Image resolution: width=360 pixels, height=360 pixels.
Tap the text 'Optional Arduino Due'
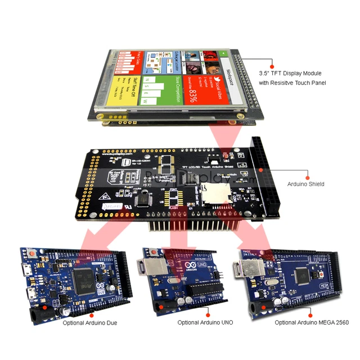pos(90,323)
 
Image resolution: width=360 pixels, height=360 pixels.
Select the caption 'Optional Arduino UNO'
pos(205,323)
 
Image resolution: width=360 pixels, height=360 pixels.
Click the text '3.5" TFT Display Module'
pos(290,74)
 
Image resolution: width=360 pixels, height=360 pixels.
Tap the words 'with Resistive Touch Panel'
pos(292,83)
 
